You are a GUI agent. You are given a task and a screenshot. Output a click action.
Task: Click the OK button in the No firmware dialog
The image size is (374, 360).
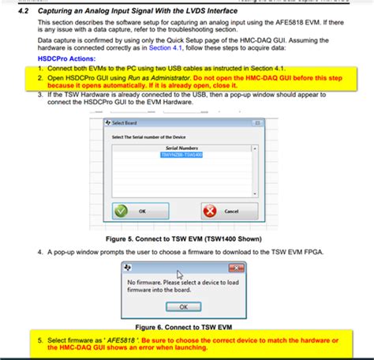click(x=183, y=306)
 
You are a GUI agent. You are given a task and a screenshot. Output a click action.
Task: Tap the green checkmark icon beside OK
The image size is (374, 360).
click(x=120, y=211)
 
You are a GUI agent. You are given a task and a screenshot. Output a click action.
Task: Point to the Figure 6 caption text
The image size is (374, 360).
click(x=188, y=324)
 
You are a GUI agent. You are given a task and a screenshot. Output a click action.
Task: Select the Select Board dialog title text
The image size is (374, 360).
click(x=126, y=123)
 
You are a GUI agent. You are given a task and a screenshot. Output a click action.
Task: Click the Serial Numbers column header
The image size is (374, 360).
click(x=182, y=148)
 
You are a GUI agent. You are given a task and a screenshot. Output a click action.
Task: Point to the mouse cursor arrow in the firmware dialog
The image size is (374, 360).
click(x=180, y=275)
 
